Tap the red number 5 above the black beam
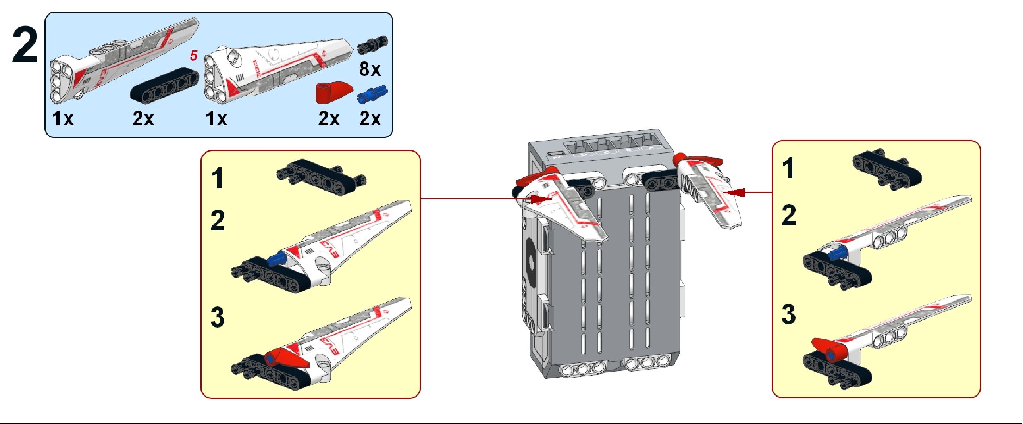coord(193,56)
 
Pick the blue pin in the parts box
coord(372,94)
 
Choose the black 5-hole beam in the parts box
coord(165,83)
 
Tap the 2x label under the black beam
coord(143,118)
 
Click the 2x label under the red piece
coord(329,118)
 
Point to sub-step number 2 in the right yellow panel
coord(789,215)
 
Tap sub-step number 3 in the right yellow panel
coord(789,314)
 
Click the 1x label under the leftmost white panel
coord(63,118)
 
